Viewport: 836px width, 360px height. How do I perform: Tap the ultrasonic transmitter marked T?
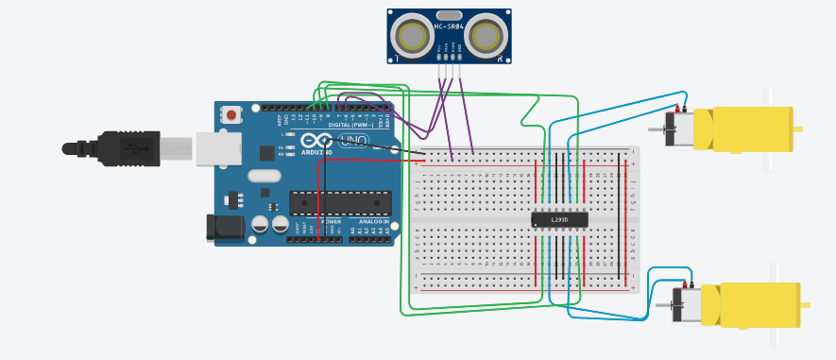click(x=412, y=37)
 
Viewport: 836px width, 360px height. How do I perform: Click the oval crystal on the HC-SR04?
click(x=450, y=15)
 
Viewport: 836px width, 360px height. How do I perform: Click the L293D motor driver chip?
click(x=559, y=219)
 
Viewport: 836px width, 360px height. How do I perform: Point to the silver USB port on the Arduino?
click(x=218, y=149)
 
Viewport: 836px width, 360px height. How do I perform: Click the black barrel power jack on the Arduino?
click(x=224, y=226)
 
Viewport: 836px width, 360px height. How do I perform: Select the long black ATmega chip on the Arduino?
click(x=340, y=202)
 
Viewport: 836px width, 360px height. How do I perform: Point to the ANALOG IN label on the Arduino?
click(x=373, y=221)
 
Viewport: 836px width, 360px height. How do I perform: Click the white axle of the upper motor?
click(x=768, y=129)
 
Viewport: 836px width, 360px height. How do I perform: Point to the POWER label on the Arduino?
click(x=331, y=221)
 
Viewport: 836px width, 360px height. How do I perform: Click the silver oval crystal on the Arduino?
click(x=264, y=175)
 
